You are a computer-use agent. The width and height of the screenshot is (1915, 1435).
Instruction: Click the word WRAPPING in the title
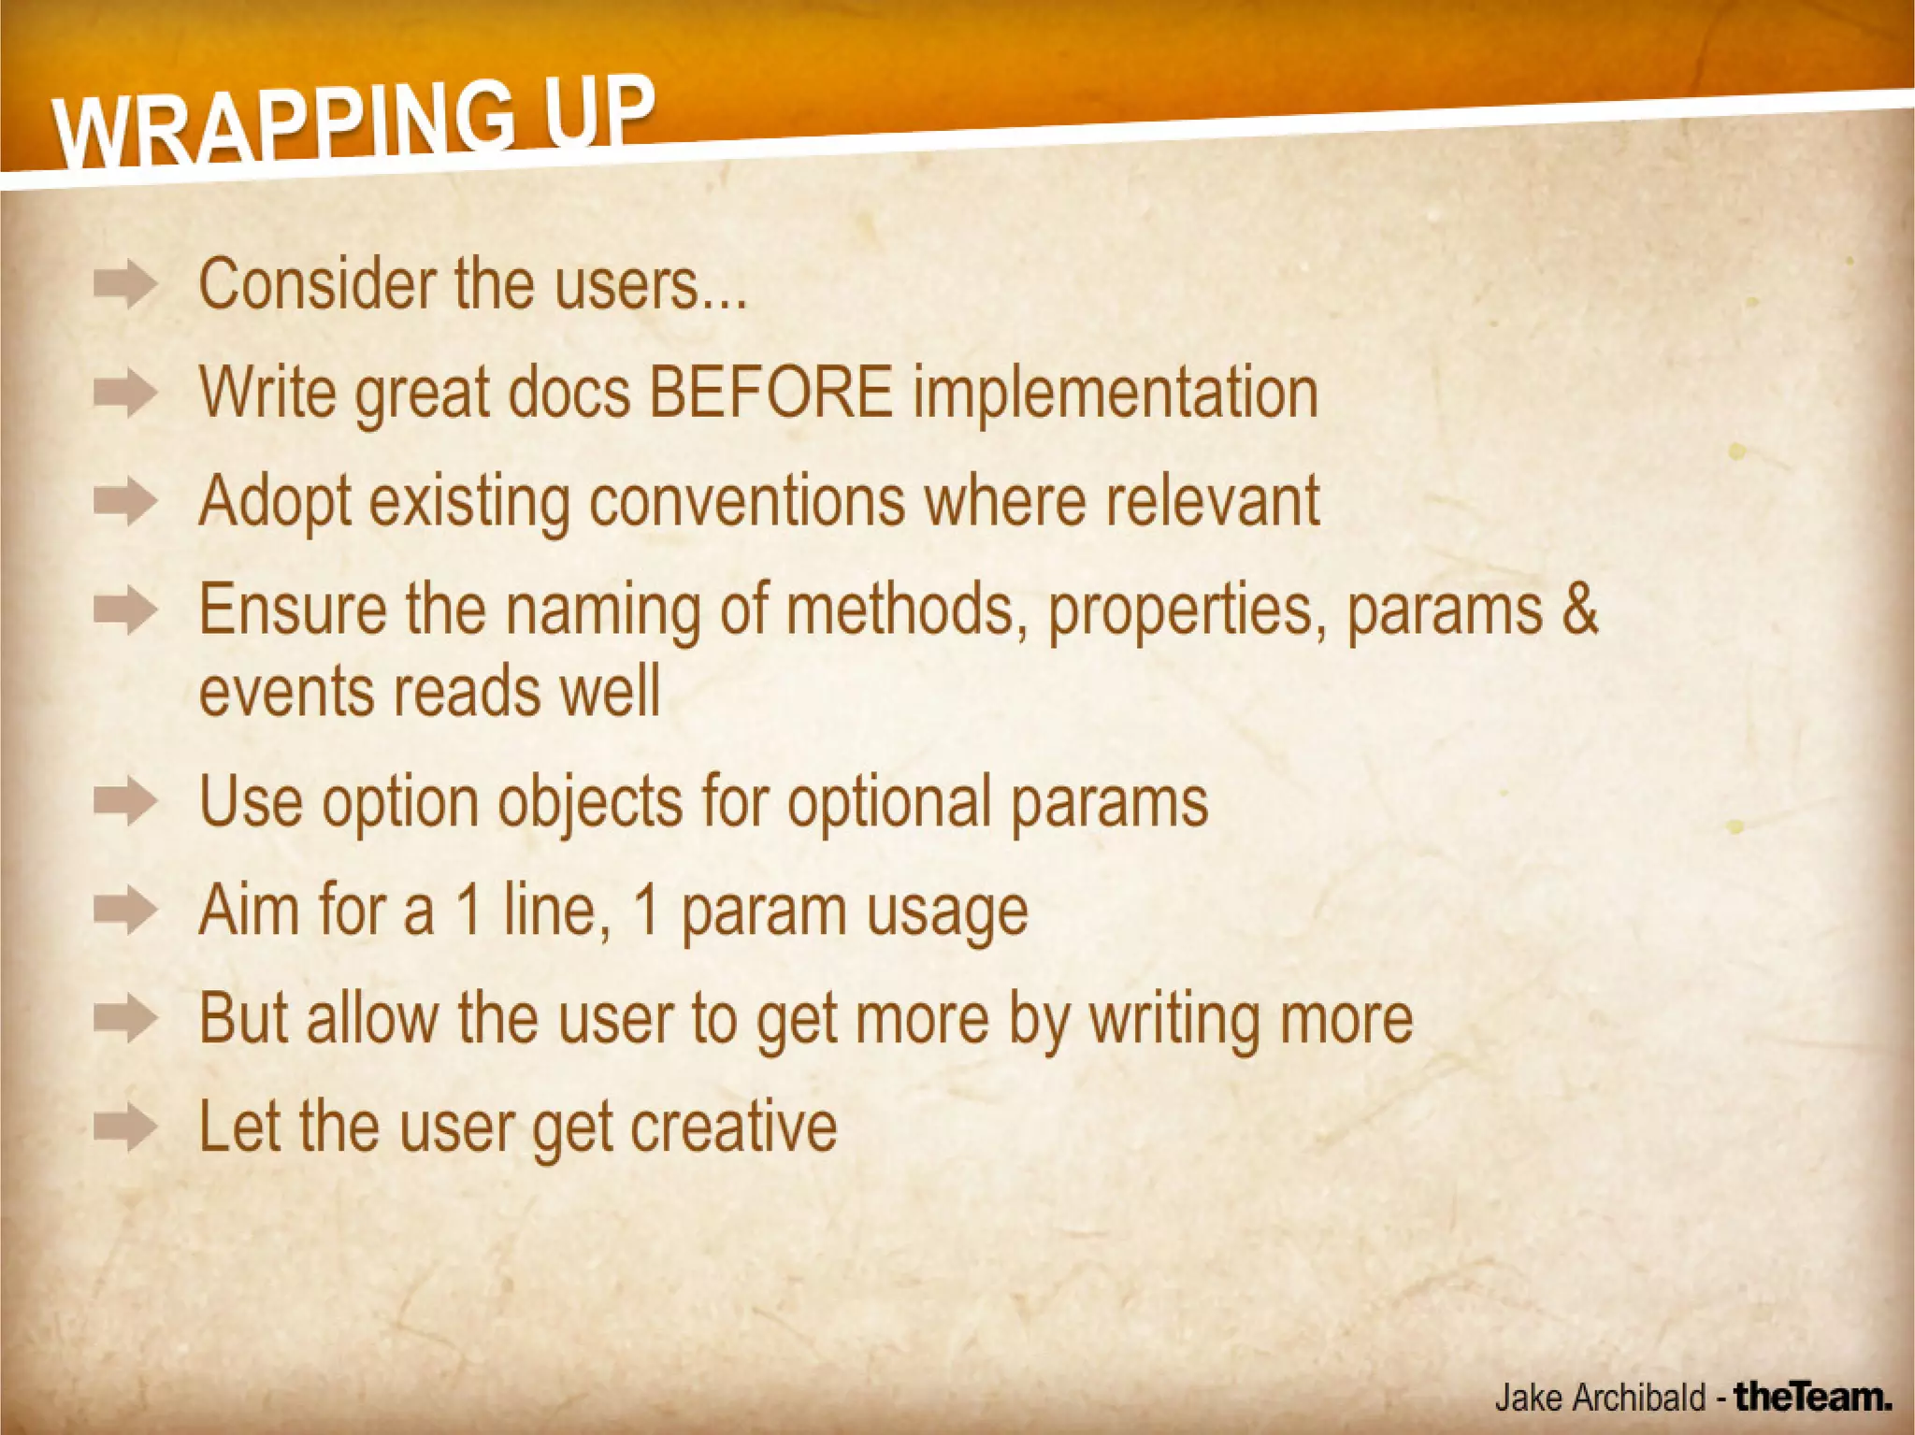[x=281, y=126]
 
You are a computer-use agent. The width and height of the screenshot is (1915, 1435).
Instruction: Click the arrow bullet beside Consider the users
[x=125, y=284]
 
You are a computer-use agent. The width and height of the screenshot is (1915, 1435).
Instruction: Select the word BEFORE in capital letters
[x=770, y=392]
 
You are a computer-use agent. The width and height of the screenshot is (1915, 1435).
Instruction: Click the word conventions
[x=746, y=501]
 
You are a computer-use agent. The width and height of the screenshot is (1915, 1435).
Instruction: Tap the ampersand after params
[x=1579, y=609]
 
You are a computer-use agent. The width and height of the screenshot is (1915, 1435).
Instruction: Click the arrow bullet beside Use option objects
[x=125, y=802]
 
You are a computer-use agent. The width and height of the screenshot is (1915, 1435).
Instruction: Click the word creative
[x=733, y=1126]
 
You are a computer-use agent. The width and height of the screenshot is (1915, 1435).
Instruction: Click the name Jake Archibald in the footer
[x=1600, y=1398]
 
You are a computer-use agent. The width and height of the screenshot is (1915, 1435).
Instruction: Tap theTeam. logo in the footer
[x=1813, y=1397]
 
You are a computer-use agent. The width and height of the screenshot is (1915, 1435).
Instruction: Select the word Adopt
[x=275, y=503]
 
